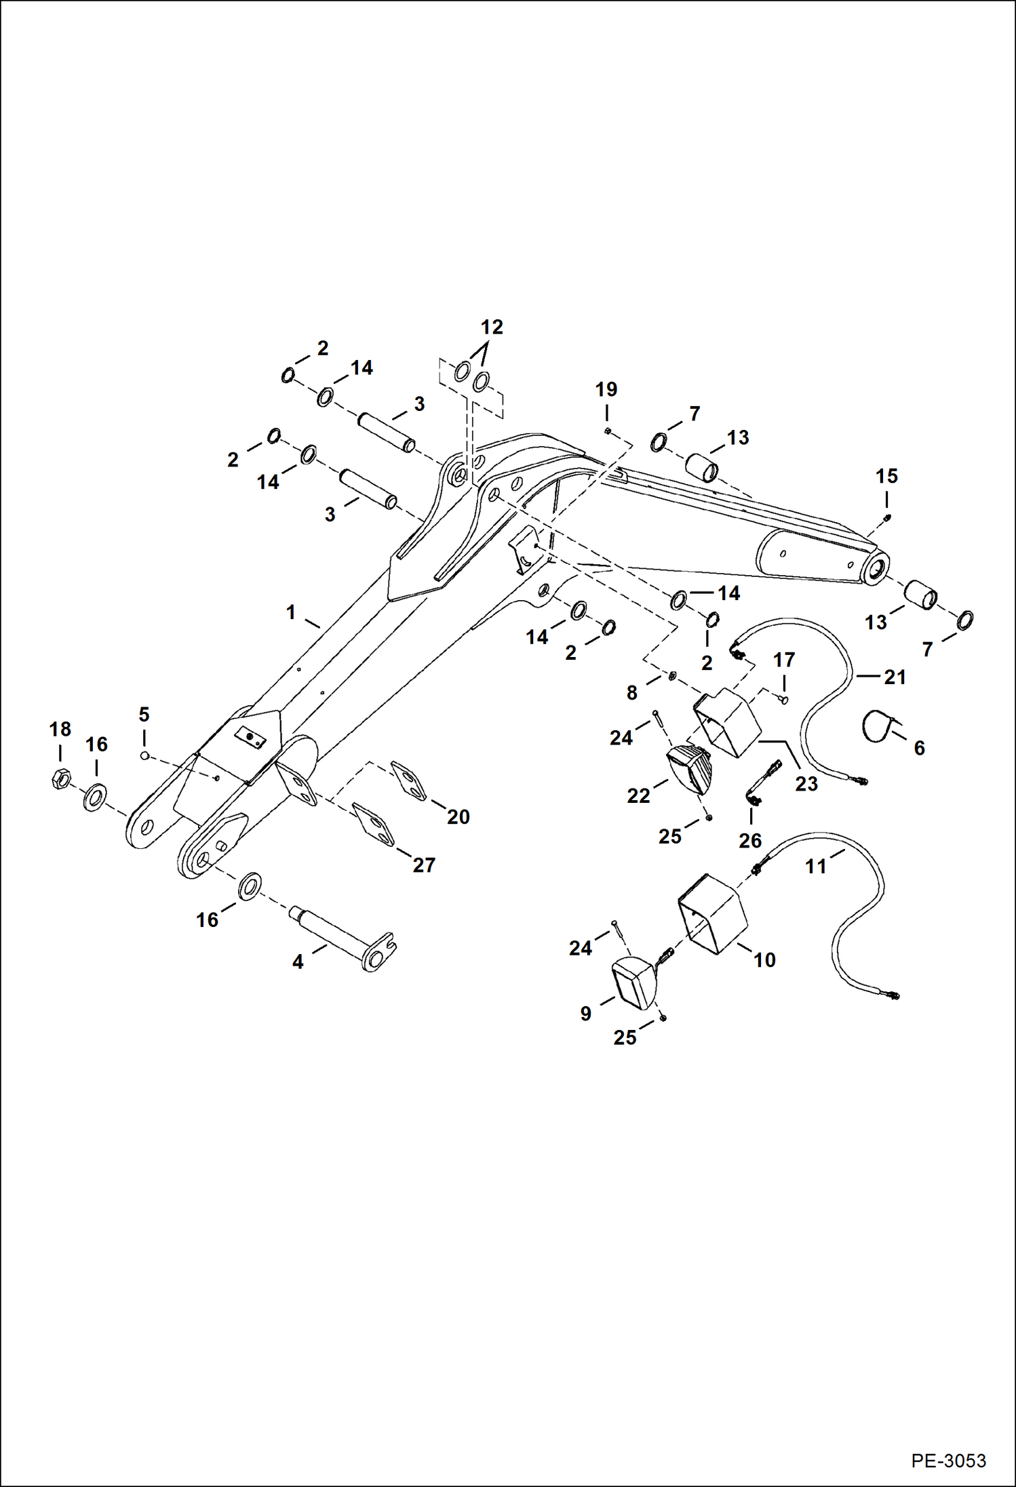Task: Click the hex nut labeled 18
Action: tap(60, 780)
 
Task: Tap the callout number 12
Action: tap(492, 328)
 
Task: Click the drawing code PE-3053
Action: tap(948, 1460)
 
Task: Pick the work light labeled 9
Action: tap(632, 983)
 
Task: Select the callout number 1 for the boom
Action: tap(291, 612)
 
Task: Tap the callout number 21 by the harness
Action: tap(895, 677)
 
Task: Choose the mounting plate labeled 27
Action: tap(374, 825)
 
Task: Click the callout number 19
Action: tap(606, 390)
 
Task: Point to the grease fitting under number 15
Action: tap(887, 518)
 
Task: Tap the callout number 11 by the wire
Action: tap(816, 866)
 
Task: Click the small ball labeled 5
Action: tap(144, 755)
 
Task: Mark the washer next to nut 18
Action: tap(94, 797)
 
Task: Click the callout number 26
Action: tap(750, 841)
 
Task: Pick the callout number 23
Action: tap(806, 784)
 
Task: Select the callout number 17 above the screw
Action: tap(784, 660)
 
